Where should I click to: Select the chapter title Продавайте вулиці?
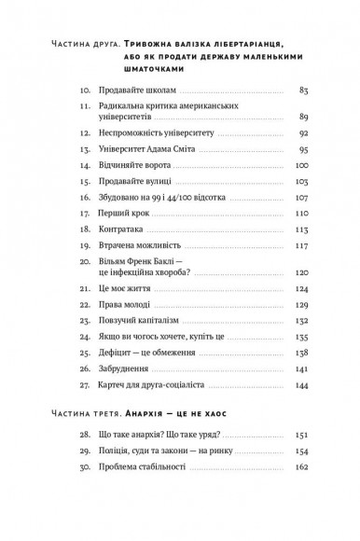(134, 182)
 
